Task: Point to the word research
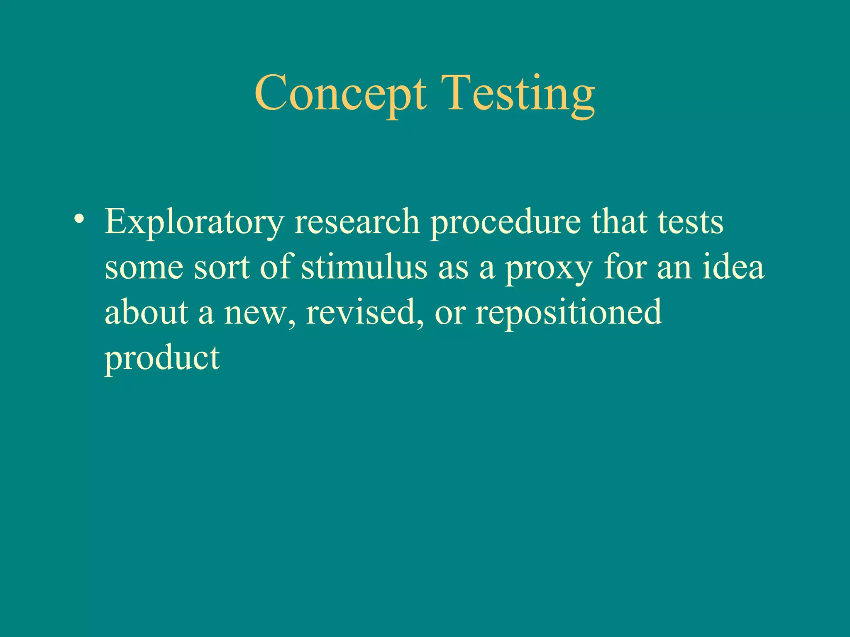click(x=357, y=222)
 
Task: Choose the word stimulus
click(x=364, y=267)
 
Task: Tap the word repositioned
click(x=569, y=313)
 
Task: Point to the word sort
click(x=222, y=268)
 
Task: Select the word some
click(x=144, y=268)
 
